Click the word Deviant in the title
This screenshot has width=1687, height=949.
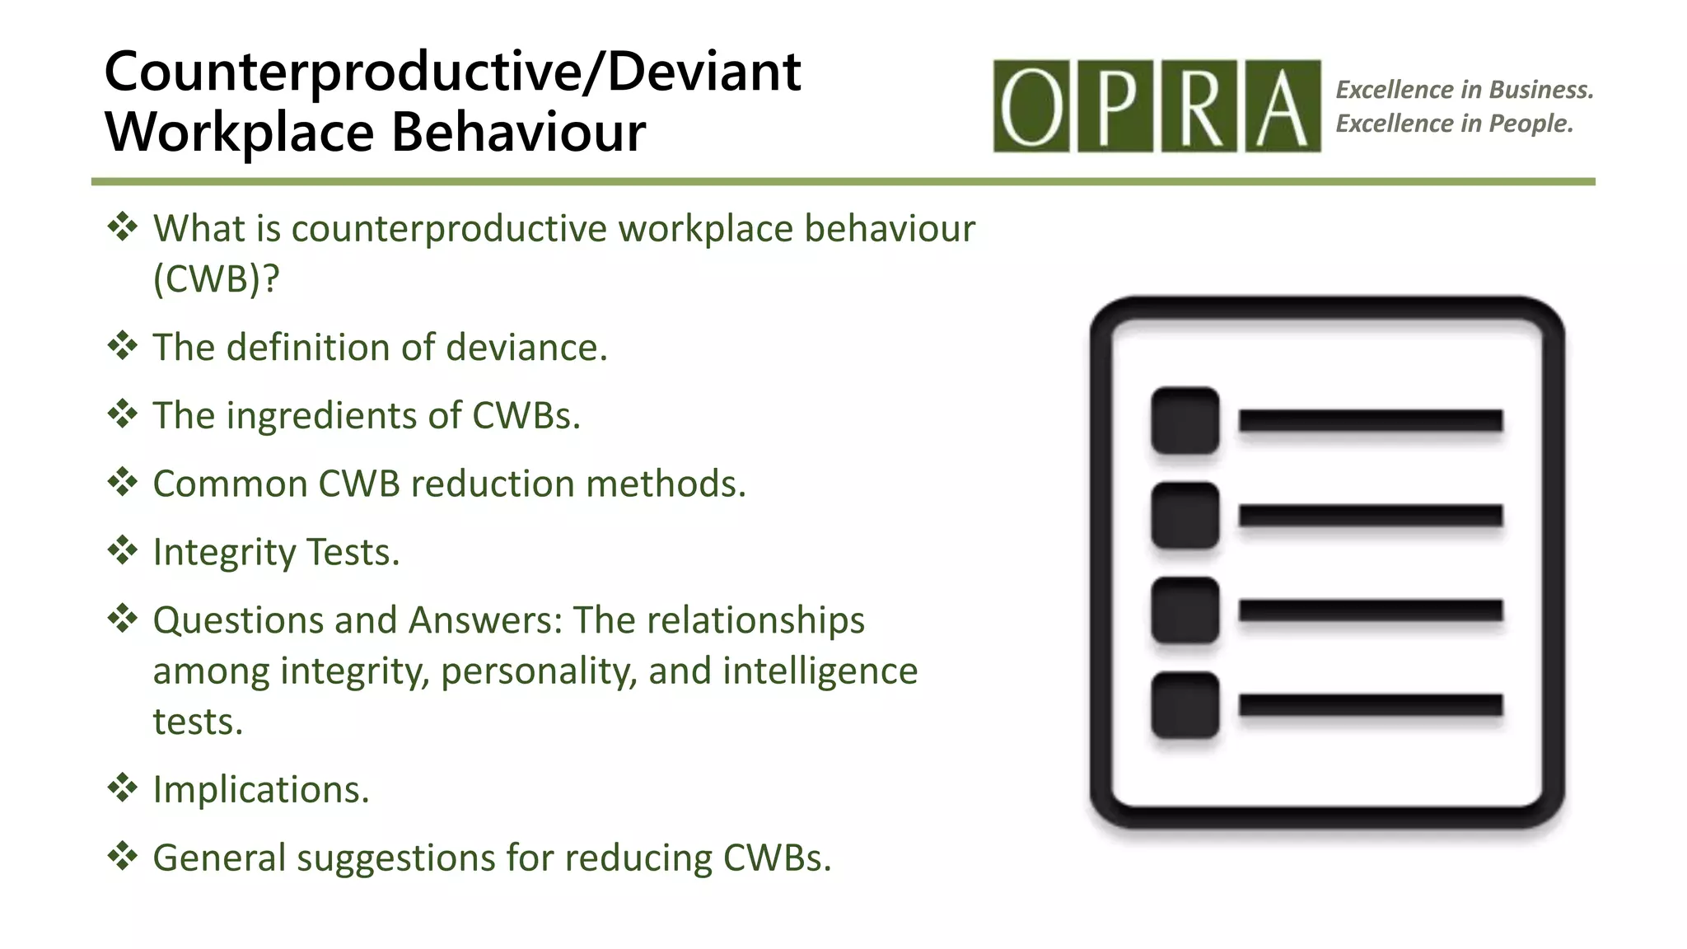point(704,72)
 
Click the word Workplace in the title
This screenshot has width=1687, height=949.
point(240,133)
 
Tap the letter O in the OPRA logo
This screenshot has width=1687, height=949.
point(1030,106)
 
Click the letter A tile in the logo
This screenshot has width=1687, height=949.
point(1283,106)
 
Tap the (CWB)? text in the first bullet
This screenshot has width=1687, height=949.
point(216,279)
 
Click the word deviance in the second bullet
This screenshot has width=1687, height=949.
point(526,348)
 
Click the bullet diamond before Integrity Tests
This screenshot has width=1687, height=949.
point(122,550)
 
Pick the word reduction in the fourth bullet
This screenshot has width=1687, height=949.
point(492,484)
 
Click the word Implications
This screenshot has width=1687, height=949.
point(261,790)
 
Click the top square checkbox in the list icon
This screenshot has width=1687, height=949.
point(1185,420)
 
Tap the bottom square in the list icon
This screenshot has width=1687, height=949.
point(1185,705)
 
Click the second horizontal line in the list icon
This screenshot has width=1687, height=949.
point(1370,516)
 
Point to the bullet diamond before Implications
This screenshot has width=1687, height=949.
point(122,788)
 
